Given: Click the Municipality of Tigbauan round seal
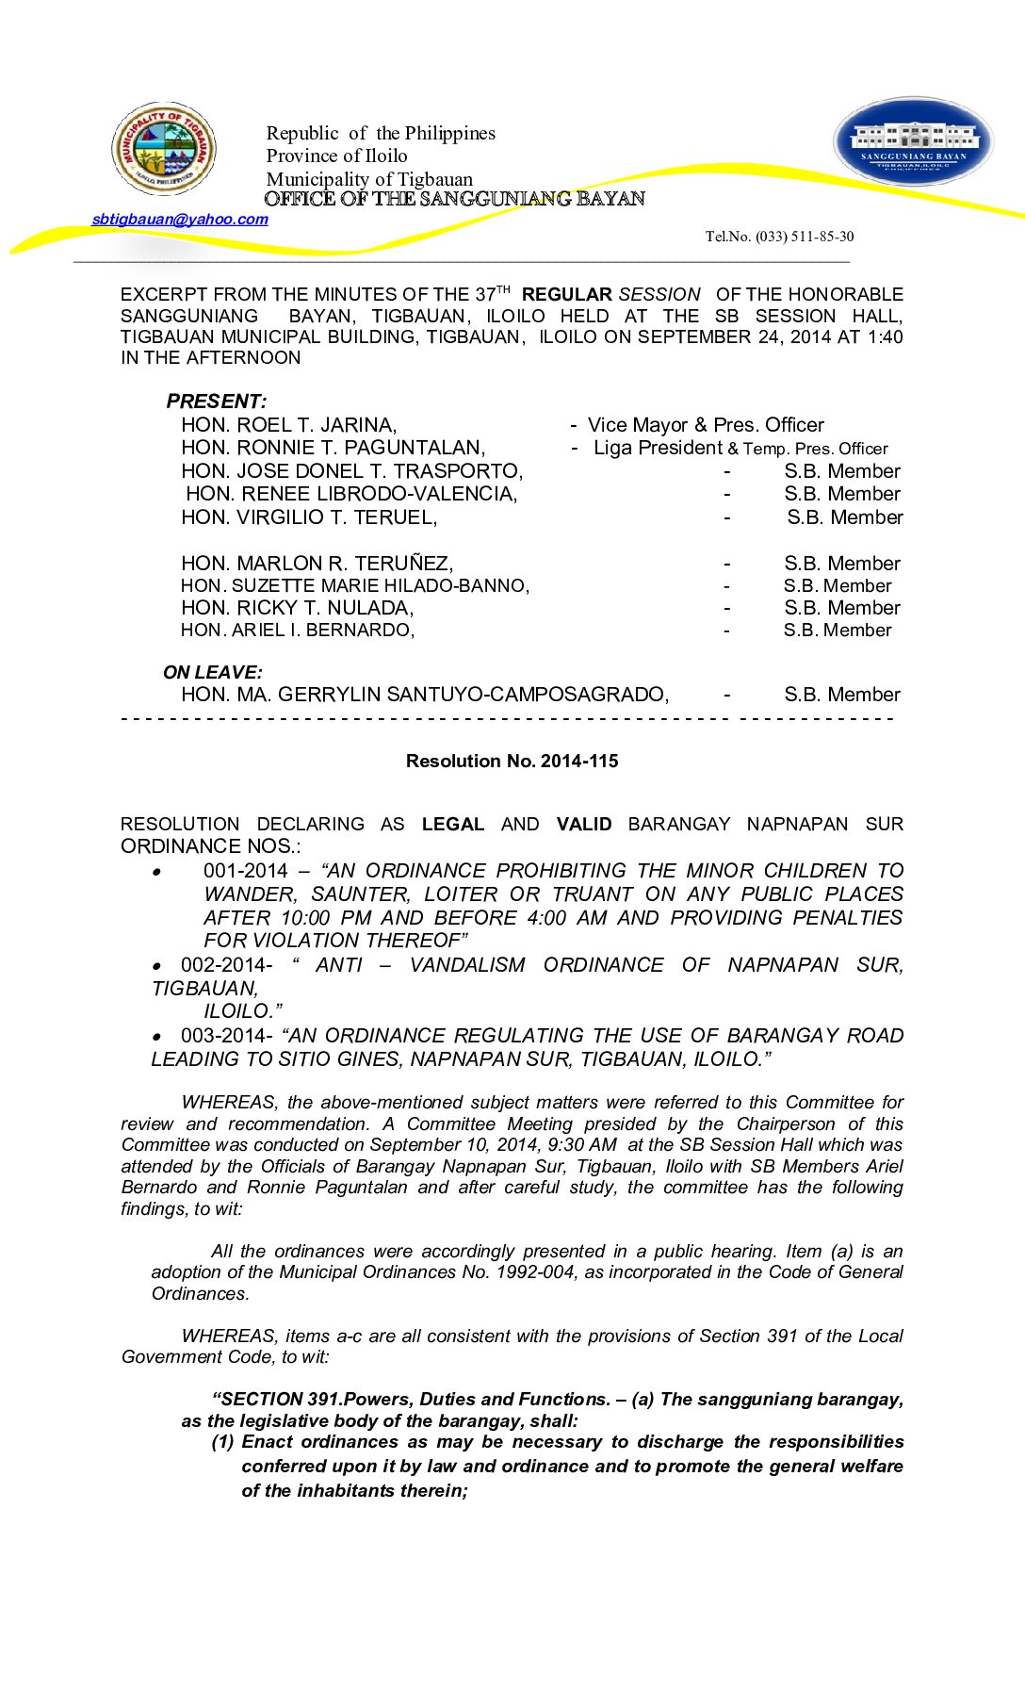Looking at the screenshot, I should [x=165, y=149].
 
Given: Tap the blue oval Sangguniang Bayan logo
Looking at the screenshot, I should [x=913, y=142].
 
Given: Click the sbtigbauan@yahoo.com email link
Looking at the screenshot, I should [x=180, y=220].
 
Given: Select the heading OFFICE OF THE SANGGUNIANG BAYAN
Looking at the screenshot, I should [x=454, y=199].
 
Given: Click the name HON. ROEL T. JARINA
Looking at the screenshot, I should [x=288, y=425].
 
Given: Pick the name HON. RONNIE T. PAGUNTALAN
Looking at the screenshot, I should [x=333, y=448].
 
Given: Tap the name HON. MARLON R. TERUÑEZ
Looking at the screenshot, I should [x=317, y=564].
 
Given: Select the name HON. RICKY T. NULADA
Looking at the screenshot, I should [x=297, y=608].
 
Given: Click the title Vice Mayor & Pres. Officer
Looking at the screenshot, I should [x=706, y=425].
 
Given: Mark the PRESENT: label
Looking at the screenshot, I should [x=217, y=402].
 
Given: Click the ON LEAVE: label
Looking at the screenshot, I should [x=213, y=672].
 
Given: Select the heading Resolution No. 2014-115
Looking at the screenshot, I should [x=512, y=762].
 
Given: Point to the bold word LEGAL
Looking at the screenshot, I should [x=452, y=825].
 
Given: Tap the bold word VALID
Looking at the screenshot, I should [x=584, y=825].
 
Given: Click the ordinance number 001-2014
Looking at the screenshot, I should [x=245, y=871].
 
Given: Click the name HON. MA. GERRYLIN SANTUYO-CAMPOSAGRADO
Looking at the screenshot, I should [x=425, y=695].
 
